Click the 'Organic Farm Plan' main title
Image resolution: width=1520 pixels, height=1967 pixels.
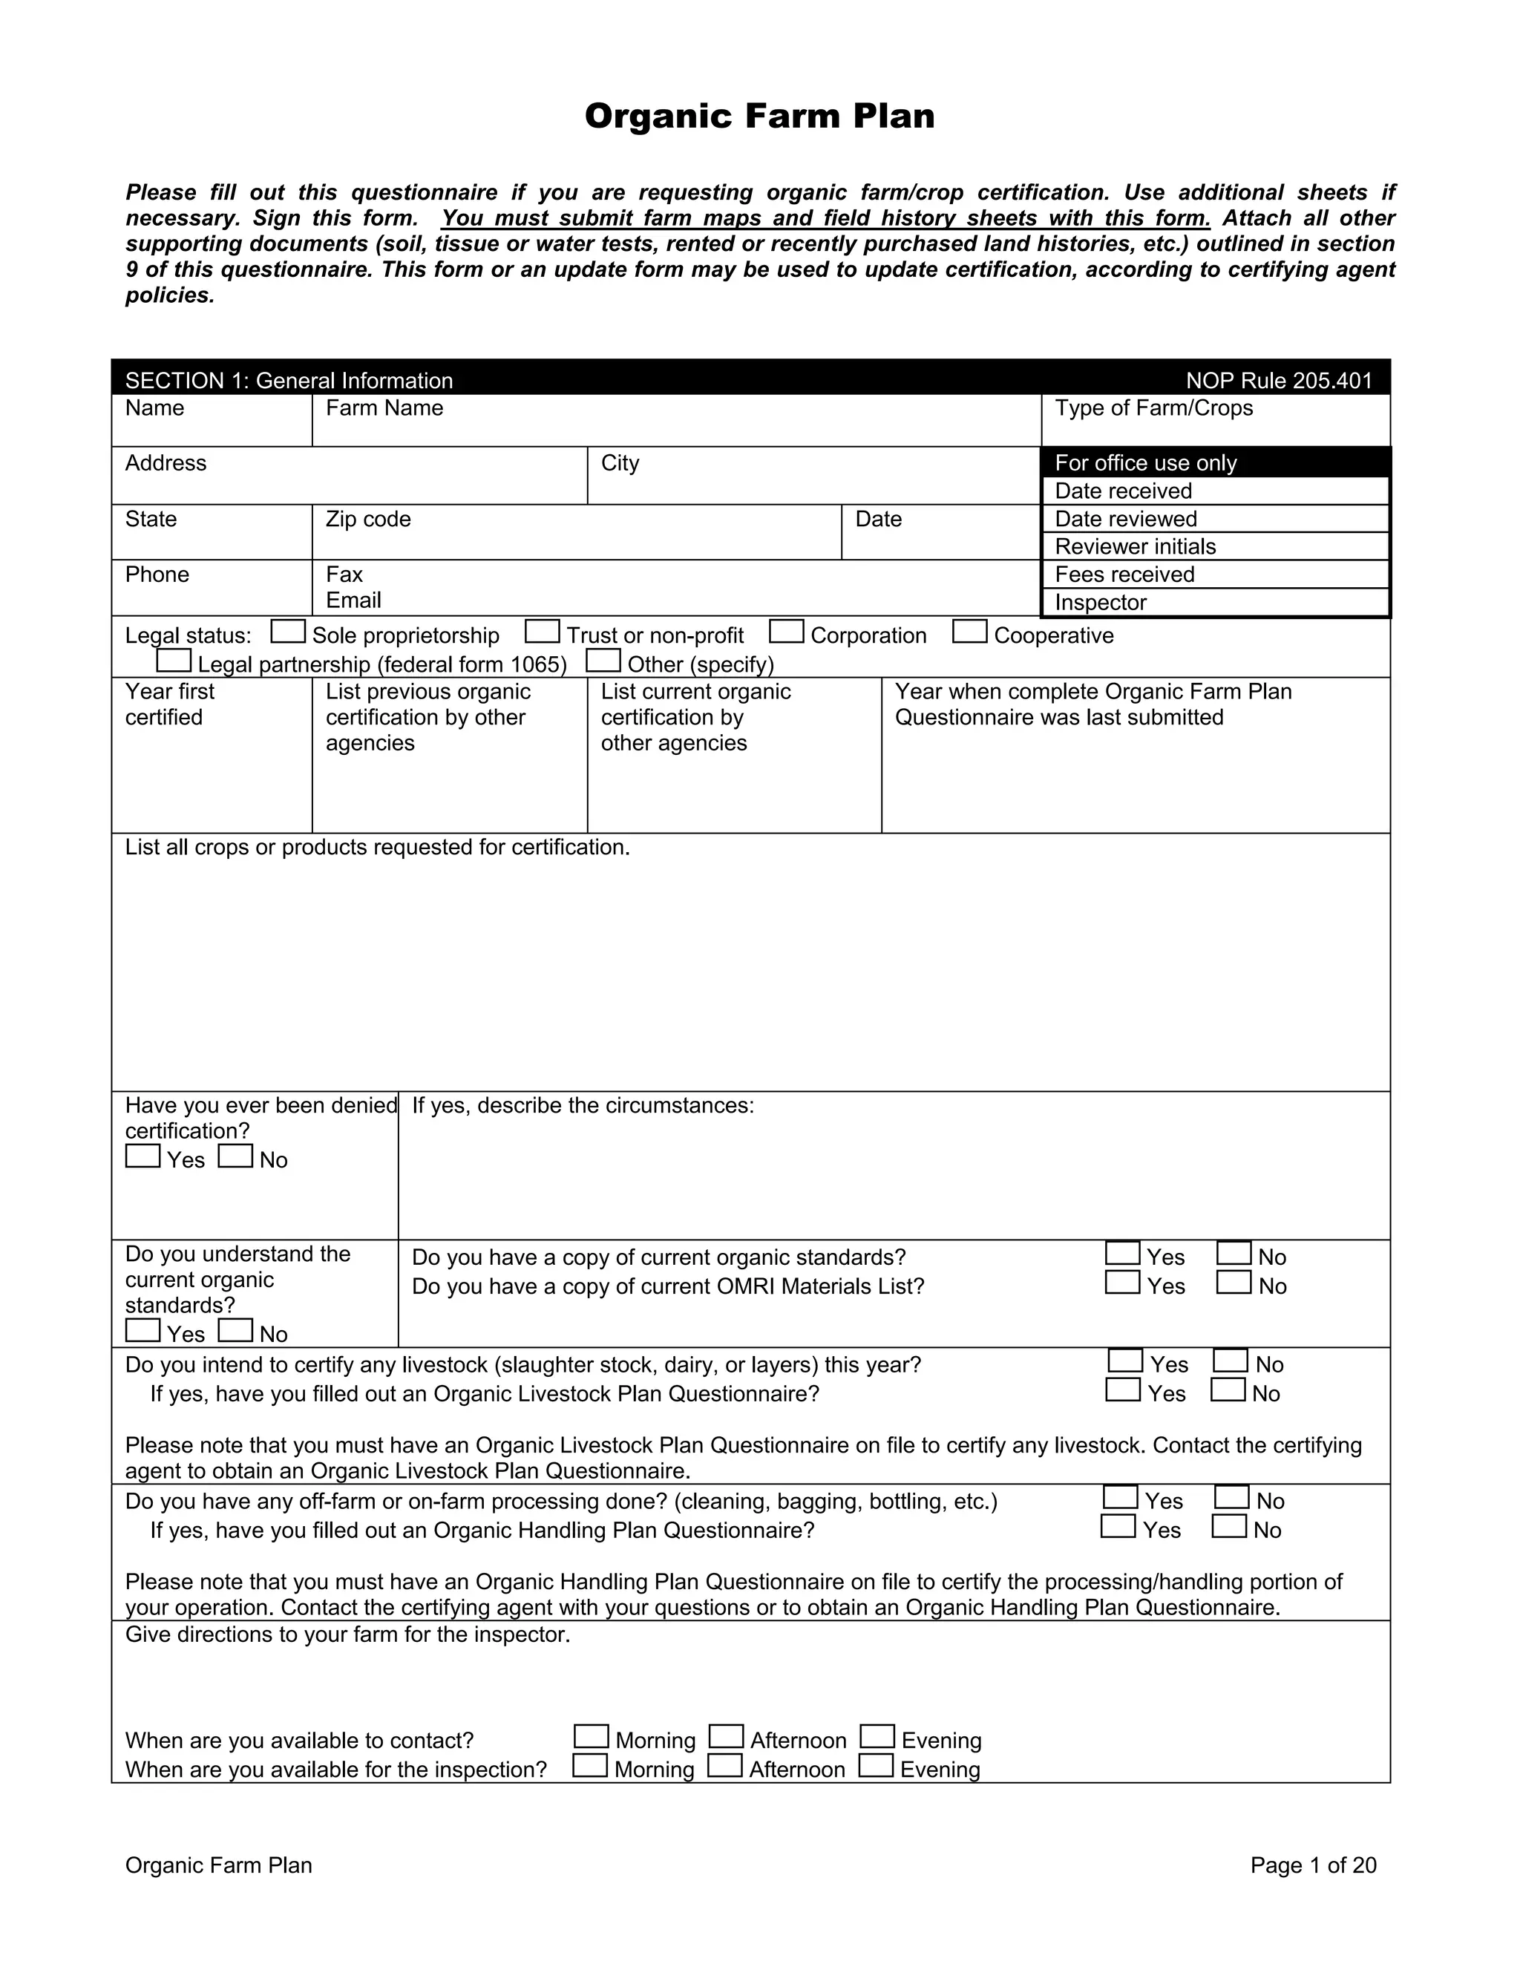pyautogui.click(x=759, y=117)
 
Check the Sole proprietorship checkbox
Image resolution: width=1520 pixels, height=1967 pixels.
pyautogui.click(x=287, y=632)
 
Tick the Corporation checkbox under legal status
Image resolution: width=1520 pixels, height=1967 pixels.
pyautogui.click(x=786, y=632)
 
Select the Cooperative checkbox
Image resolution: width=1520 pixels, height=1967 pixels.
pyautogui.click(x=969, y=632)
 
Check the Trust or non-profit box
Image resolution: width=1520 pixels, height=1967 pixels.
pyautogui.click(x=542, y=632)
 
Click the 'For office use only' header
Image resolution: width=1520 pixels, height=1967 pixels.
pyautogui.click(x=1145, y=463)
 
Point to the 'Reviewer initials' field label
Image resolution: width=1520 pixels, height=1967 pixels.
pyautogui.click(x=1135, y=547)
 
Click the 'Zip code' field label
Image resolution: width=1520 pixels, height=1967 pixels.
pyautogui.click(x=368, y=520)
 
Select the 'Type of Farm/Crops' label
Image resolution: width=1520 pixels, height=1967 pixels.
pyautogui.click(x=1153, y=408)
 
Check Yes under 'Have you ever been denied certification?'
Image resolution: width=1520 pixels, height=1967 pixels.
pyautogui.click(x=142, y=1156)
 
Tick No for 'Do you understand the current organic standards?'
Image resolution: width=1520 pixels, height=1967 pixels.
pyautogui.click(x=235, y=1330)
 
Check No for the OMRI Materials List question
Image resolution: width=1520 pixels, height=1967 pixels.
pyautogui.click(x=1233, y=1282)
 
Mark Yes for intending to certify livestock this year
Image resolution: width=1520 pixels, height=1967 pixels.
pyautogui.click(x=1124, y=1360)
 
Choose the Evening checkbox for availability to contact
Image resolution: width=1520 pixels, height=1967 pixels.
pyautogui.click(x=877, y=1735)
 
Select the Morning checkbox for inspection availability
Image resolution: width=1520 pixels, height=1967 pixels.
pyautogui.click(x=590, y=1765)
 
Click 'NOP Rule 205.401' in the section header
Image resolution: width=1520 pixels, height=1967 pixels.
pyautogui.click(x=1279, y=381)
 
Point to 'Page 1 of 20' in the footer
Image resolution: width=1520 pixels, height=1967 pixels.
pyautogui.click(x=1313, y=1865)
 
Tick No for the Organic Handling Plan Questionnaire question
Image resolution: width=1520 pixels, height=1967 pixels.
pyautogui.click(x=1229, y=1527)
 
